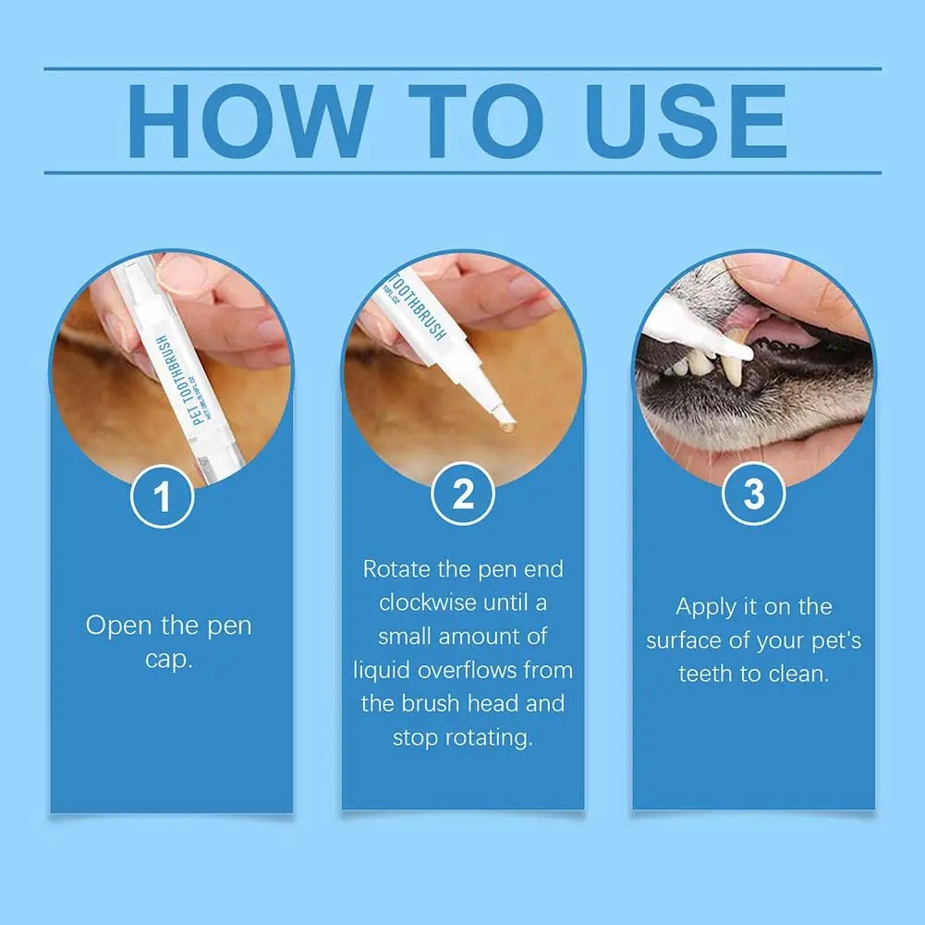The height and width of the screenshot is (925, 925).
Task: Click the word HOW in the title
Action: [249, 120]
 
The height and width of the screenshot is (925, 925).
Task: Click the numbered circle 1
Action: [163, 496]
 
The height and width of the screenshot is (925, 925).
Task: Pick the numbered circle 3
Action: [754, 495]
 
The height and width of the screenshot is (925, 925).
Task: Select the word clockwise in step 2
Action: [427, 602]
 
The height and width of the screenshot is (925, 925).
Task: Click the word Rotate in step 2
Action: [396, 568]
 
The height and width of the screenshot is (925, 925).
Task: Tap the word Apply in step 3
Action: [707, 607]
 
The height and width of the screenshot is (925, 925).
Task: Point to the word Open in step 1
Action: [116, 626]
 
